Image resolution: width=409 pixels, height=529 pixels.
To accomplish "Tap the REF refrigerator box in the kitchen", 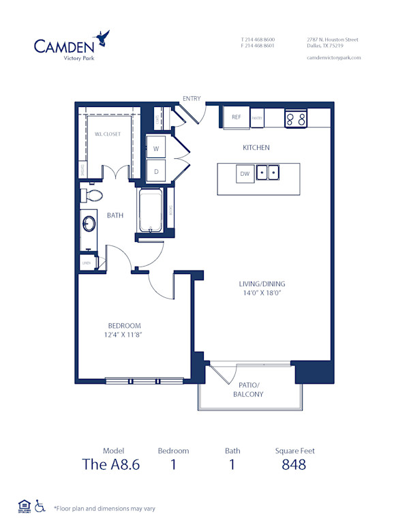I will pos(237,117).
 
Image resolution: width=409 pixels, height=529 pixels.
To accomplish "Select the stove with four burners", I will pos(296,119).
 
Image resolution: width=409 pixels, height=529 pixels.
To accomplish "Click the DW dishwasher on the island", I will pos(244,175).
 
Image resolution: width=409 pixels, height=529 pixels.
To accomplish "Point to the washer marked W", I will pos(156,148).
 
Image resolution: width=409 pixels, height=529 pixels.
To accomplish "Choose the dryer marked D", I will pos(156,171).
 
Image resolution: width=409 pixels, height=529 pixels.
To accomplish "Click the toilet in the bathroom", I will pos(91,196).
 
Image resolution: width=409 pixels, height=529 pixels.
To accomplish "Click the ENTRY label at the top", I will pos(192,99).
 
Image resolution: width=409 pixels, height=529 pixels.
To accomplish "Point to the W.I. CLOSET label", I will pos(107,134).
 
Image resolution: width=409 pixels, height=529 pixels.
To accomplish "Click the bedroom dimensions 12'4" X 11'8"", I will pos(123,335).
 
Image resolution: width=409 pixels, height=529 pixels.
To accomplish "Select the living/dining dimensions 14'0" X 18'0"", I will pos(262,293).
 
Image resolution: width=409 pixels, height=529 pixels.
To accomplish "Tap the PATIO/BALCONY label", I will pos(247,390).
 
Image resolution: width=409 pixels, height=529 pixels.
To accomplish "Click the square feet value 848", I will pos(294,465).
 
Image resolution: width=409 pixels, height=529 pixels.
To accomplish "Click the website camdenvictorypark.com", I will pos(333,58).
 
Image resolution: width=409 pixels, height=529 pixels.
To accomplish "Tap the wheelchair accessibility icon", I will pos(40,506).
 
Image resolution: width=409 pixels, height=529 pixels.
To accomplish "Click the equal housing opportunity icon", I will pos(23,506).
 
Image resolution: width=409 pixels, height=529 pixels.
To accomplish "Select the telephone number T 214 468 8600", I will pos(257,40).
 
